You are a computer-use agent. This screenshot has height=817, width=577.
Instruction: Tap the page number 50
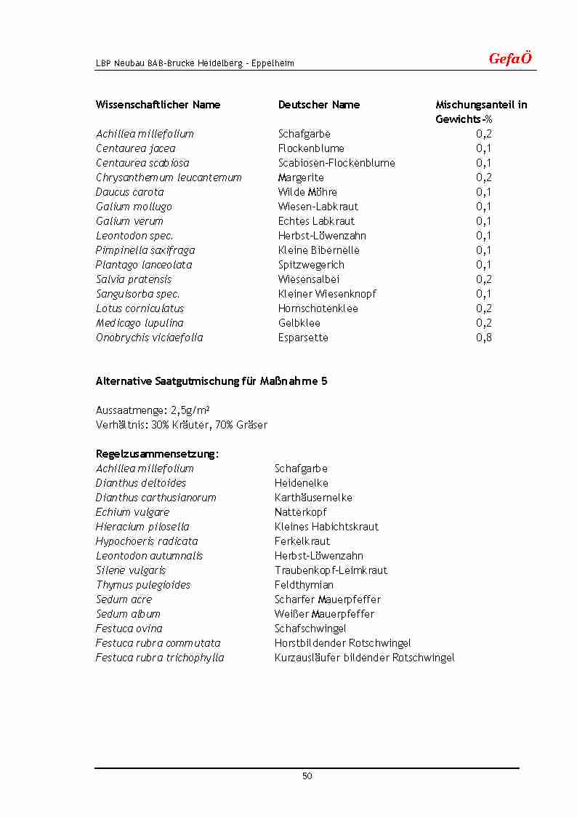[307, 776]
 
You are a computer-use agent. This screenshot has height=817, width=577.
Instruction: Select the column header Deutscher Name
[319, 105]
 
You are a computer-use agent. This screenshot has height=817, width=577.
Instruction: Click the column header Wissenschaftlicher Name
[158, 105]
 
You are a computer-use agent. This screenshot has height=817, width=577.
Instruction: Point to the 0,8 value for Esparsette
[484, 338]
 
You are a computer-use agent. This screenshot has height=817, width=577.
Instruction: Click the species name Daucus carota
[129, 192]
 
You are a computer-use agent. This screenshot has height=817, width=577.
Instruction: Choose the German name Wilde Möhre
[307, 192]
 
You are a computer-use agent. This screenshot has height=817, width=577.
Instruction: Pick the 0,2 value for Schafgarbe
[484, 134]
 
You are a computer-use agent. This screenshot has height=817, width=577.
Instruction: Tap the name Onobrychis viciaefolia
[149, 338]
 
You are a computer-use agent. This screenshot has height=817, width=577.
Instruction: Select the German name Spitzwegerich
[311, 265]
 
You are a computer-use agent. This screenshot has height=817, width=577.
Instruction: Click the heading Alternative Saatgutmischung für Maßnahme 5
[211, 381]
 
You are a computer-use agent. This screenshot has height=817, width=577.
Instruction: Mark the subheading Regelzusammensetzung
[157, 454]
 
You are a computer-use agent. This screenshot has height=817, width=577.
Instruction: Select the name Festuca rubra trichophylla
[160, 658]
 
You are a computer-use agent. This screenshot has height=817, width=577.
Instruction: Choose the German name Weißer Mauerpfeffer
[324, 614]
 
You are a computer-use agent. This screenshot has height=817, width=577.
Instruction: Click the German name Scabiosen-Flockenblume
[336, 163]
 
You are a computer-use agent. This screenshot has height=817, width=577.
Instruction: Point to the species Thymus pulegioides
[143, 585]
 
